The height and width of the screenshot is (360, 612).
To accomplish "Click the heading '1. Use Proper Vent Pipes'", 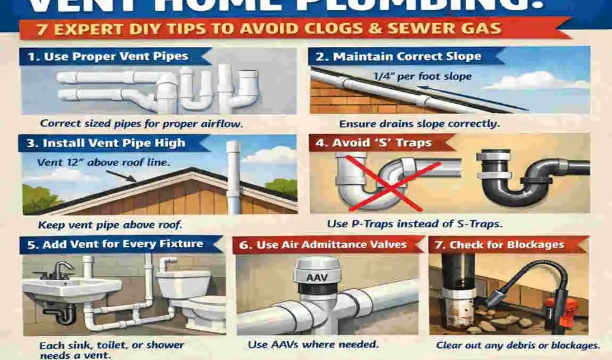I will (108, 57).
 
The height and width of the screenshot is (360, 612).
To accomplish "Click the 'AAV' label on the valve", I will (318, 278).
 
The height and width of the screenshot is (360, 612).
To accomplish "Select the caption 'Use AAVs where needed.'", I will (313, 345).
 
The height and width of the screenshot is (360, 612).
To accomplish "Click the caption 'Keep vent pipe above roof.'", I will (110, 226).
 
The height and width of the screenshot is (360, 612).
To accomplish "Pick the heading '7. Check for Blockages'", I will (506, 244).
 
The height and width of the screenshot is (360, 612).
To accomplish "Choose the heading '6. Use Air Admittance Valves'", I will (331, 244).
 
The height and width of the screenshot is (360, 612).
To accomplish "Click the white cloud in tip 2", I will (534, 81).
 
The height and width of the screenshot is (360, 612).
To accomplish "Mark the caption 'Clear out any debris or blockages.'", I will (517, 346).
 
